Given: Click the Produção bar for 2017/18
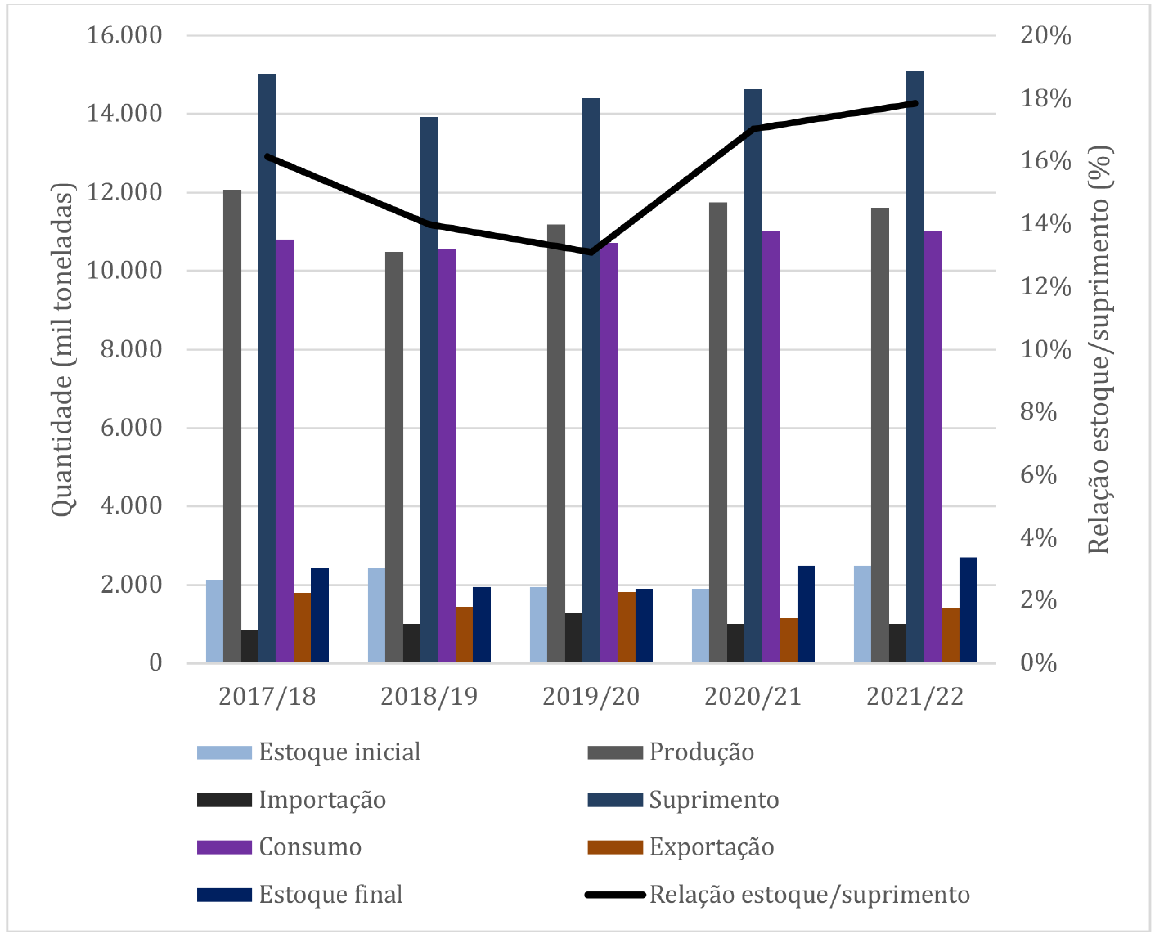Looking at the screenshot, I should (x=232, y=425).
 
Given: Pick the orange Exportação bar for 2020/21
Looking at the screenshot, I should (x=789, y=640).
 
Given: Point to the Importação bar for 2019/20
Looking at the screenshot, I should (x=574, y=638).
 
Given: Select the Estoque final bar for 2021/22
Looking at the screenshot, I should (x=968, y=610).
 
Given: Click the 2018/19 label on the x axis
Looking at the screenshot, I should (x=429, y=696).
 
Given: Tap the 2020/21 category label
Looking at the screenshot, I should (x=753, y=696).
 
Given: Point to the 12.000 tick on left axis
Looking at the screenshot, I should (x=124, y=193).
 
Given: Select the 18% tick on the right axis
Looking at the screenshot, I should (x=1045, y=99).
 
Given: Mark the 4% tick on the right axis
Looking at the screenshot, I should (x=1038, y=538).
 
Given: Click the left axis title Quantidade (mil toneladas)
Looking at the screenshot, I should (x=63, y=349).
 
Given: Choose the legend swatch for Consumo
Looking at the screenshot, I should (x=224, y=847).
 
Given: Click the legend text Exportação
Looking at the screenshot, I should (x=712, y=847).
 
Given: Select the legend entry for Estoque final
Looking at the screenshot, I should (x=330, y=895).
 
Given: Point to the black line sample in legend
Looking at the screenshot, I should (x=615, y=895).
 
